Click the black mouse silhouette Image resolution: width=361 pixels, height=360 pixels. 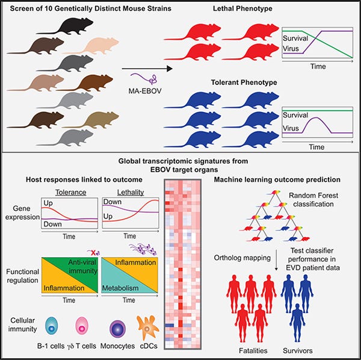coord(69,26)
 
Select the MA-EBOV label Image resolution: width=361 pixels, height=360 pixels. coord(145,91)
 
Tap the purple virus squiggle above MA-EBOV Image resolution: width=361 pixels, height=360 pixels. coord(144,79)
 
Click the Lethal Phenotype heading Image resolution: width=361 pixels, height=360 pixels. coord(242,9)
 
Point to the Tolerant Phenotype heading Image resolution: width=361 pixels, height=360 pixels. coord(244,82)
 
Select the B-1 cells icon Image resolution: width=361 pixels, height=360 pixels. coord(51,325)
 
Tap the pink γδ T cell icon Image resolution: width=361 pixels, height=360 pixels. coord(82,326)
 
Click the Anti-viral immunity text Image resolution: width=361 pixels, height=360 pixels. coord(83,267)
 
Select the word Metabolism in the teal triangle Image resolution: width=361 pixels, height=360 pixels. coord(120,288)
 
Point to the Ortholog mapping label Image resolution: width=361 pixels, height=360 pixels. coord(242,258)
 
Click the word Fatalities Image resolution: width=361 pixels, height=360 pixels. coord(253,350)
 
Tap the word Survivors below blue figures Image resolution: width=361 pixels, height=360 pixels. coord(298,350)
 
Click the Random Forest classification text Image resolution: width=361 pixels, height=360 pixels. coord(313,200)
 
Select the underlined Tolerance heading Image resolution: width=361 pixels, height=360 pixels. coord(70,192)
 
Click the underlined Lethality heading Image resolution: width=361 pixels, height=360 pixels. coord(131,192)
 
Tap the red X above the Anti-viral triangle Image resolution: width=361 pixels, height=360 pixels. coord(93,253)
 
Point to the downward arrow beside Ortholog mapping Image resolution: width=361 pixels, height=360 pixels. coord(276,260)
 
